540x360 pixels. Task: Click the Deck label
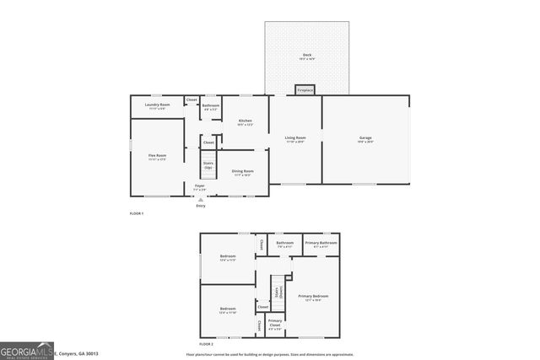[x=307, y=56]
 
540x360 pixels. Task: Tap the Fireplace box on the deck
[x=305, y=89]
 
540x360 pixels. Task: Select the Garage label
[x=365, y=139]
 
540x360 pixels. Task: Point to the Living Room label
[x=294, y=139]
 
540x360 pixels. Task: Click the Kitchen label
[x=245, y=122]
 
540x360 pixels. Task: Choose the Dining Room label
[x=243, y=173]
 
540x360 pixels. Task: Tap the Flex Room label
[x=157, y=157]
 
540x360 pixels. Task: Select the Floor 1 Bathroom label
[x=210, y=107]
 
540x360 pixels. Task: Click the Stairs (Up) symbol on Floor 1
[x=208, y=164]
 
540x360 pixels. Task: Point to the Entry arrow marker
[x=200, y=200]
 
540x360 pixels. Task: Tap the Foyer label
[x=200, y=186]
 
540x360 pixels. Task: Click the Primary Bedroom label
[x=313, y=298]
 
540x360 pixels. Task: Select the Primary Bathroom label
[x=321, y=244]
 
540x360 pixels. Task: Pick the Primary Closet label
[x=275, y=323]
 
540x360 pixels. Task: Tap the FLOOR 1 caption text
[x=137, y=214]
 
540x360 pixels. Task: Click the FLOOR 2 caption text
[x=207, y=345]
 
